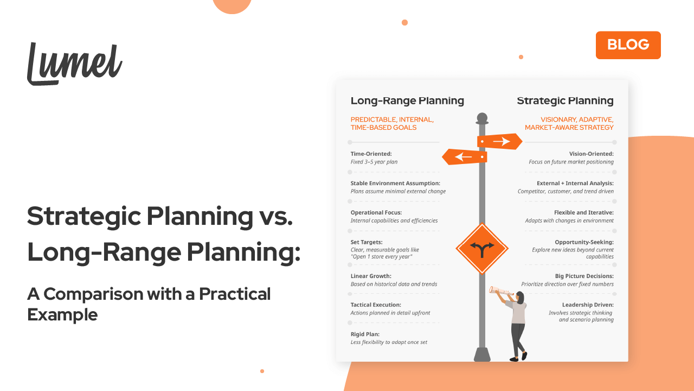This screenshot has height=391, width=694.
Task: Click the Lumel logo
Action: point(74,64)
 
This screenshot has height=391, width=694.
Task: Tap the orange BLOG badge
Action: point(628,45)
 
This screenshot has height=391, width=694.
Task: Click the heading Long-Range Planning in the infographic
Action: point(407,100)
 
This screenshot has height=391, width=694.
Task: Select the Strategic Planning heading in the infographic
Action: point(565,100)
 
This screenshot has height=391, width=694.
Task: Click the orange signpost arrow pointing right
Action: point(499,142)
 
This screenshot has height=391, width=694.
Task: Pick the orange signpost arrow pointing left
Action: point(465,157)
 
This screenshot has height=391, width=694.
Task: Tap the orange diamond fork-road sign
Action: point(481,249)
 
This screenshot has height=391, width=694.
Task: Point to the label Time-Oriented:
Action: point(371,154)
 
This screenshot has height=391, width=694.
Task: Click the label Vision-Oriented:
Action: point(591,154)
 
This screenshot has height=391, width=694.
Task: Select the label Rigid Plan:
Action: point(365,334)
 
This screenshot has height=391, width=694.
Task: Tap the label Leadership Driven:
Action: point(588,305)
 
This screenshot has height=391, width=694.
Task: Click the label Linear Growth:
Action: point(371,276)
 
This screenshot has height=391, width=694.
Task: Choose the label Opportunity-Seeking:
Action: point(584,242)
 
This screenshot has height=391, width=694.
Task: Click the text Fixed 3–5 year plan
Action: point(375,162)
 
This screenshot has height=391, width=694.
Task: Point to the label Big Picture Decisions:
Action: point(584,276)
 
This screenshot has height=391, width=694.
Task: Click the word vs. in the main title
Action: point(273,216)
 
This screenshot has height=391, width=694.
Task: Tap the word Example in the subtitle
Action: point(62,314)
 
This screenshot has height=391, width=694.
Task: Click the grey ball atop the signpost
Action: point(481,117)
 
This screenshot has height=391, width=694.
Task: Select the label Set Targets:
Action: point(367,242)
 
